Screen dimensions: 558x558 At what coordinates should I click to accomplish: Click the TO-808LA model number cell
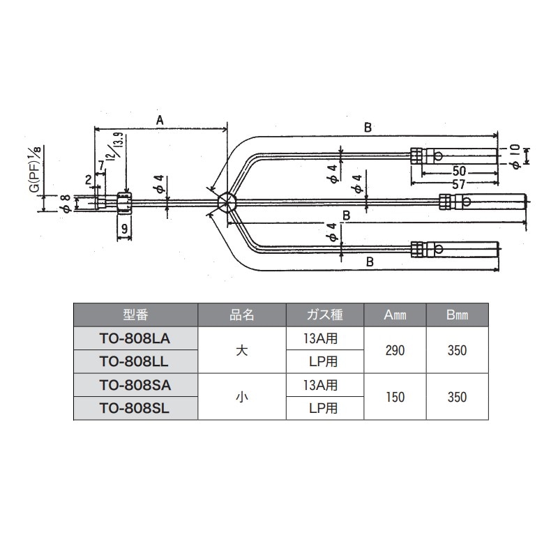coord(135,338)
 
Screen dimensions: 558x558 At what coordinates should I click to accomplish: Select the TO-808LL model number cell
coord(135,361)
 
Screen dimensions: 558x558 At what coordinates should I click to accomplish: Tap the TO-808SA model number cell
coord(135,385)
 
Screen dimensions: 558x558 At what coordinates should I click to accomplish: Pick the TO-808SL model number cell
coord(135,408)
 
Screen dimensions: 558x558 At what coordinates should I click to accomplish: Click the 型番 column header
coord(135,315)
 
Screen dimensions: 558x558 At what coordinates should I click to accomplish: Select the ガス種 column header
coord(325,315)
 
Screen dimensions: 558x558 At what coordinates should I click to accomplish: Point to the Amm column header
coord(395,315)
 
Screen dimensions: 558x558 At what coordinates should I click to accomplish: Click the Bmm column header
coord(458,315)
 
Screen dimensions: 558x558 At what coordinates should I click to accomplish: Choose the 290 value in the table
coord(395,351)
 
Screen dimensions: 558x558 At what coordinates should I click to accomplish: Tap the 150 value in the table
coord(395,397)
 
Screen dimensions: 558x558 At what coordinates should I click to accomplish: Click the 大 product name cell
coord(242,351)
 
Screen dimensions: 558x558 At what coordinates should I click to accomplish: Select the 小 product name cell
coord(242,397)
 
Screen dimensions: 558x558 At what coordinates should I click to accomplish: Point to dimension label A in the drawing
coord(160,121)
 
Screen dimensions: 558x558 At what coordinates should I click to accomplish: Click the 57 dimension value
coord(458,184)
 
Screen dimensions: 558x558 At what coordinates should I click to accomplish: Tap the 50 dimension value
coord(459,171)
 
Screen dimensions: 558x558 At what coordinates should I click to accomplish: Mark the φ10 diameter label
coord(515,156)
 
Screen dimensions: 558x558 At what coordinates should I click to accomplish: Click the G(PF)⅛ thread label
coord(36,169)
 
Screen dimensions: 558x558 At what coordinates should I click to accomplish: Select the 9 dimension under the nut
coord(124,228)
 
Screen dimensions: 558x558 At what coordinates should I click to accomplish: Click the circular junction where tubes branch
coord(227,202)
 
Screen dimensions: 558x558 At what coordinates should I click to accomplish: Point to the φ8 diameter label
coord(67,204)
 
